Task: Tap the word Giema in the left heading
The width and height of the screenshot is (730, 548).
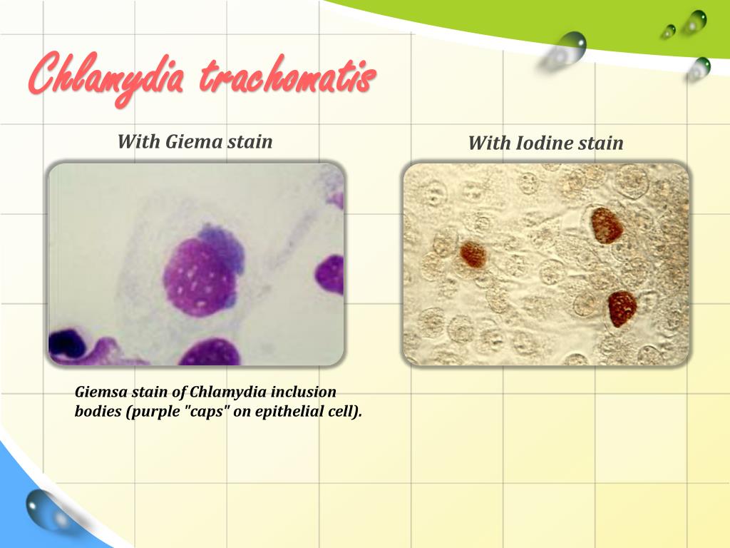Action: (x=194, y=141)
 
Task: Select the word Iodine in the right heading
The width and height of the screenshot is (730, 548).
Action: (x=542, y=143)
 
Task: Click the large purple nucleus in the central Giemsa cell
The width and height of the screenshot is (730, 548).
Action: (x=199, y=278)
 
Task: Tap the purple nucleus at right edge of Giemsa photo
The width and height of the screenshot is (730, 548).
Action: (x=331, y=275)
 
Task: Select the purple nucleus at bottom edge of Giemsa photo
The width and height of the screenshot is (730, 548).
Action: (x=210, y=353)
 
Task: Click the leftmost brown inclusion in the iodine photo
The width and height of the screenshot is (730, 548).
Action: (x=472, y=254)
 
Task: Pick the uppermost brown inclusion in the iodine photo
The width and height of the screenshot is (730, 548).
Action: (x=607, y=225)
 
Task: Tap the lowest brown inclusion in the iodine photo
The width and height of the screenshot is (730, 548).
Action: (x=622, y=309)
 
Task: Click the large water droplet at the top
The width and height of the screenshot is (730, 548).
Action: (x=570, y=47)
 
